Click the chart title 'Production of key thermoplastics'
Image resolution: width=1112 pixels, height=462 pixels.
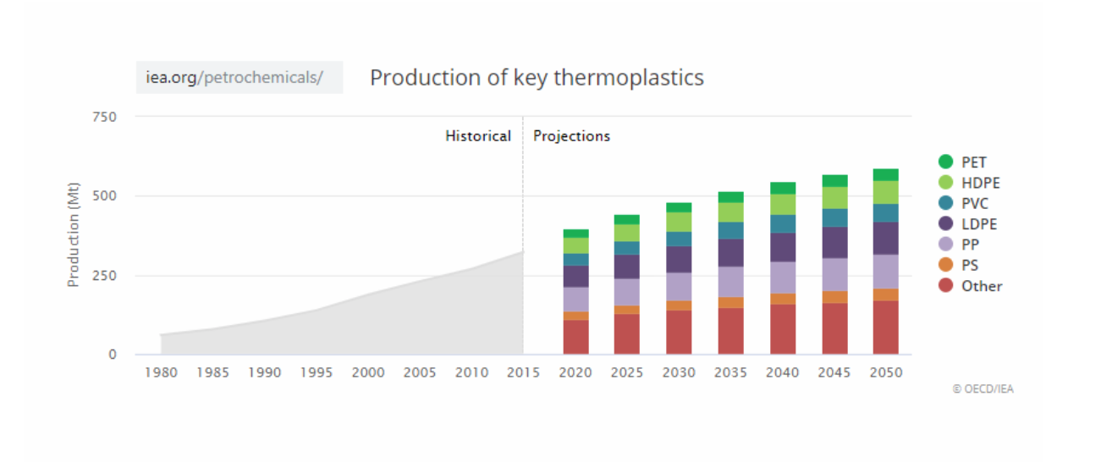click(537, 77)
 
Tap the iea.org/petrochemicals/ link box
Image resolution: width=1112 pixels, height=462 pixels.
click(239, 77)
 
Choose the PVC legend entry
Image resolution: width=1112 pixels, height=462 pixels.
click(964, 203)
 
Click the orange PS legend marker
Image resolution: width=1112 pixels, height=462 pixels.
click(945, 265)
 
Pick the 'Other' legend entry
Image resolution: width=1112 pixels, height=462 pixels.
click(971, 286)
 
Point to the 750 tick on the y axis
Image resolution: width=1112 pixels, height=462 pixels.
click(104, 117)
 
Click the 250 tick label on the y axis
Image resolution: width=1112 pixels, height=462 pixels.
click(104, 275)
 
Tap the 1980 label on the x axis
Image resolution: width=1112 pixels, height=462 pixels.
click(161, 372)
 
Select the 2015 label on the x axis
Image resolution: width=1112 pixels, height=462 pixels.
click(523, 372)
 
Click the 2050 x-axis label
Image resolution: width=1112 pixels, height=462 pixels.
click(886, 372)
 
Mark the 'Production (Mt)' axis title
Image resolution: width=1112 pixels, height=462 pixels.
click(73, 234)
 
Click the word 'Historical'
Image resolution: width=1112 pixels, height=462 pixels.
click(478, 136)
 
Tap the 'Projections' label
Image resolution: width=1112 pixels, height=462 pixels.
click(571, 136)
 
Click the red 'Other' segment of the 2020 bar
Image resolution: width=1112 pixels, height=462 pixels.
click(575, 337)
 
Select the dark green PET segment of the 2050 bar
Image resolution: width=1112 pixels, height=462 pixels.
click(886, 175)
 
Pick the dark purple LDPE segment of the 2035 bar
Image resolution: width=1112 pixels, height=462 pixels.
click(730, 253)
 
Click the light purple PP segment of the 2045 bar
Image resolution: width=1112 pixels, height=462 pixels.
click(834, 274)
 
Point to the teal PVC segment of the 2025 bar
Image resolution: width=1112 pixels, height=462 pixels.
click(626, 248)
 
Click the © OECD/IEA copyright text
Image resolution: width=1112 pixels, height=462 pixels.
click(983, 389)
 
